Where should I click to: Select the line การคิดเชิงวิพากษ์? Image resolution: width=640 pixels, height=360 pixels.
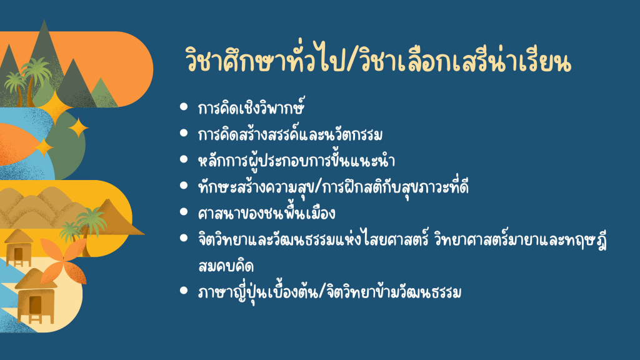coord(251,108)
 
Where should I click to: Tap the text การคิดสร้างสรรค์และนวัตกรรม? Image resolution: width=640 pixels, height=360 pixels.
coord(290,134)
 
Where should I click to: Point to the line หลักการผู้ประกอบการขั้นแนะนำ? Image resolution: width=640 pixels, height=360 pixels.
coord(296,161)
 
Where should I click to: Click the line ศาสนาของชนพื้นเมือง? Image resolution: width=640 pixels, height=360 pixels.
coord(266,212)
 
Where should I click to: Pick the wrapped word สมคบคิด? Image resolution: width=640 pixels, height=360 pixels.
coord(226,266)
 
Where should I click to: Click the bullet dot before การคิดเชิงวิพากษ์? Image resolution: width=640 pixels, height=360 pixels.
coord(184,107)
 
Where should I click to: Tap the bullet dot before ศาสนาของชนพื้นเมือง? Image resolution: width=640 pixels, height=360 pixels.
coord(184,212)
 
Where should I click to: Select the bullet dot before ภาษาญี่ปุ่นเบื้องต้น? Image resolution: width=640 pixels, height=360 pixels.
coord(184,291)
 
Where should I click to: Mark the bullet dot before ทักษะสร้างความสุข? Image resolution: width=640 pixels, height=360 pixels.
coord(184,186)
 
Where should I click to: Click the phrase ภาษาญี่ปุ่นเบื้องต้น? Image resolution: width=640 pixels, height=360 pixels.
coord(257,292)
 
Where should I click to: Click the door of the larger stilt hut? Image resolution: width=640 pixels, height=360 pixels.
coord(35,305)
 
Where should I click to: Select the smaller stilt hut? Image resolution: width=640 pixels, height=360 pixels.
coord(18,247)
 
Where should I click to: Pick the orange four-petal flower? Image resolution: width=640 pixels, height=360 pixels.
coord(63,261)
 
